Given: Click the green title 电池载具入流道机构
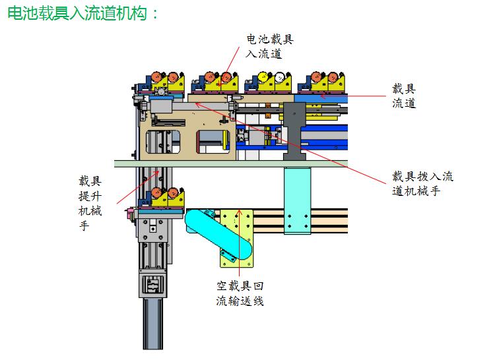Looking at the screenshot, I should (82, 13).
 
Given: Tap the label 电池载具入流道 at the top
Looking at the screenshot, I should (269, 46).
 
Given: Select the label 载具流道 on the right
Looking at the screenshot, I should (404, 95).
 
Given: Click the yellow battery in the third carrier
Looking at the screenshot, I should (263, 77).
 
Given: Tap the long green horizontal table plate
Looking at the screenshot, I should (231, 163).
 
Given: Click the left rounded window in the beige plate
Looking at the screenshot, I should (163, 142).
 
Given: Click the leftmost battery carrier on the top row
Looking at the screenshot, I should (165, 80).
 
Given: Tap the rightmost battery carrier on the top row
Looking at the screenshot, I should (323, 80).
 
